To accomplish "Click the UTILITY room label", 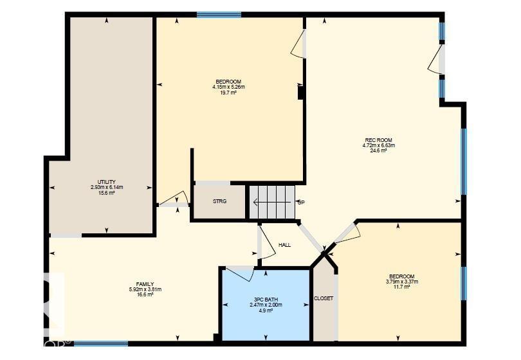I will (106, 181).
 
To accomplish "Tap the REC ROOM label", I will (378, 139).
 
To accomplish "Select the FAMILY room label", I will (145, 283).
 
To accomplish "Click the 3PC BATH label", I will (266, 298).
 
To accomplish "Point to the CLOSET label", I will (324, 298).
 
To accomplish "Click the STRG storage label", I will (220, 201).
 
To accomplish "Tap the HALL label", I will (284, 245).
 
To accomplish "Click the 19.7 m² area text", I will (229, 93).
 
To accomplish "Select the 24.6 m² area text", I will (378, 151).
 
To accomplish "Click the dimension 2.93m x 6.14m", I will (106, 187).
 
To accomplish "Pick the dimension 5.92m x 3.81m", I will (145, 289).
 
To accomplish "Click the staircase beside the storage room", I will (271, 202).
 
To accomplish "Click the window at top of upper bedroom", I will (219, 14).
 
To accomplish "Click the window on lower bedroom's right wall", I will (463, 283).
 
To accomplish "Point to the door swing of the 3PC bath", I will (240, 273).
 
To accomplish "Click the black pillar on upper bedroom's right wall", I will (300, 92).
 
